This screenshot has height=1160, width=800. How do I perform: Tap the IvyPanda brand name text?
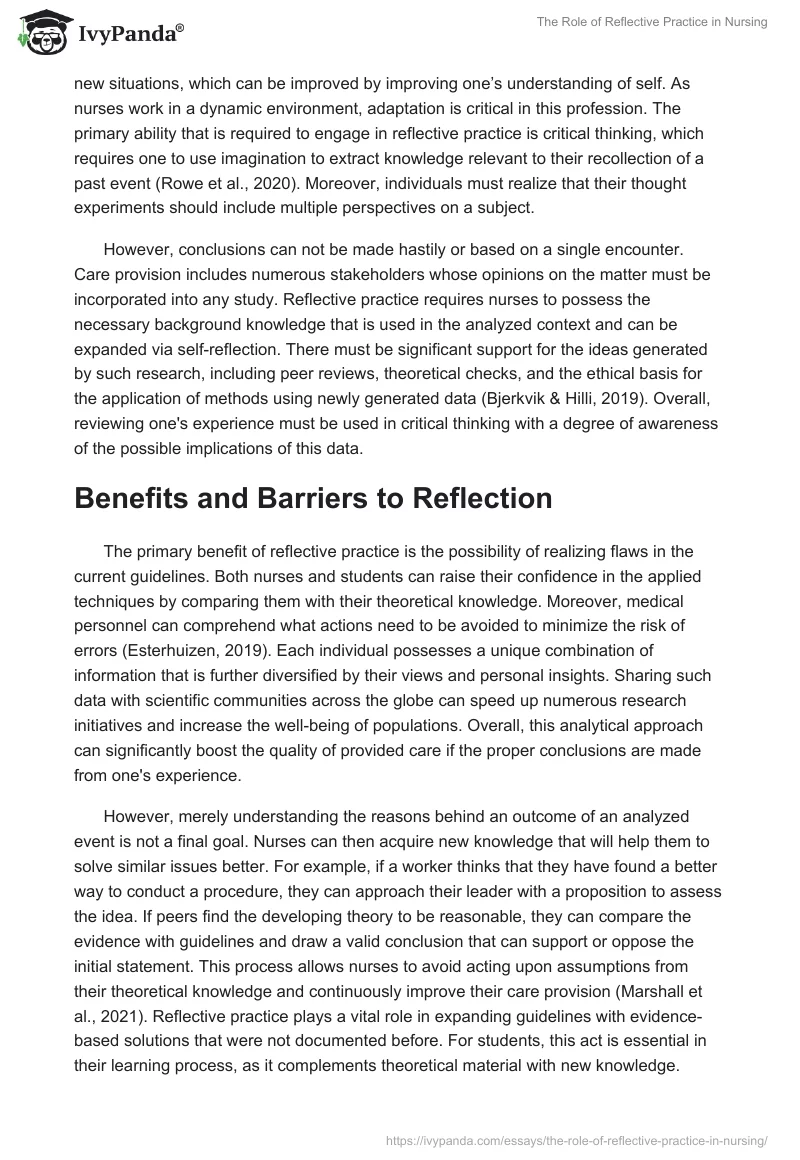[x=129, y=35]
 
